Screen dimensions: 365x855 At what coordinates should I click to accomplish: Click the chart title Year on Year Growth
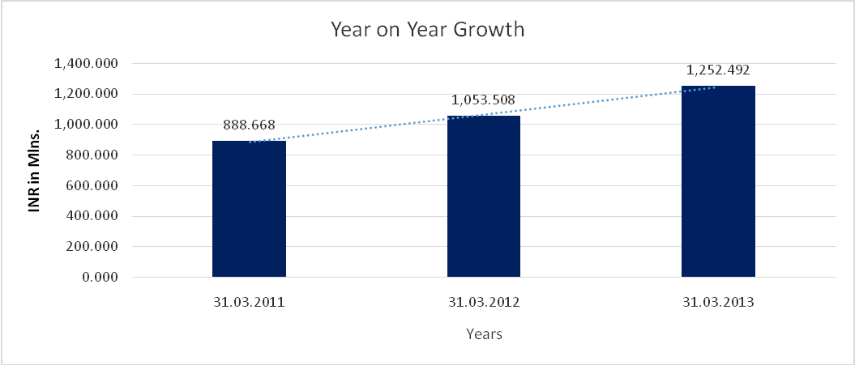coord(427,30)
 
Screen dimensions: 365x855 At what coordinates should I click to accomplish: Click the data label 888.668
coord(250,126)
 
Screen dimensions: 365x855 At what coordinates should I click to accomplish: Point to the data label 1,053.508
coord(484,100)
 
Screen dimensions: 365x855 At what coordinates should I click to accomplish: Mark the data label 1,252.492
coord(719,70)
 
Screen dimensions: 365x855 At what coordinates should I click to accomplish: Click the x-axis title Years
coord(484,333)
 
